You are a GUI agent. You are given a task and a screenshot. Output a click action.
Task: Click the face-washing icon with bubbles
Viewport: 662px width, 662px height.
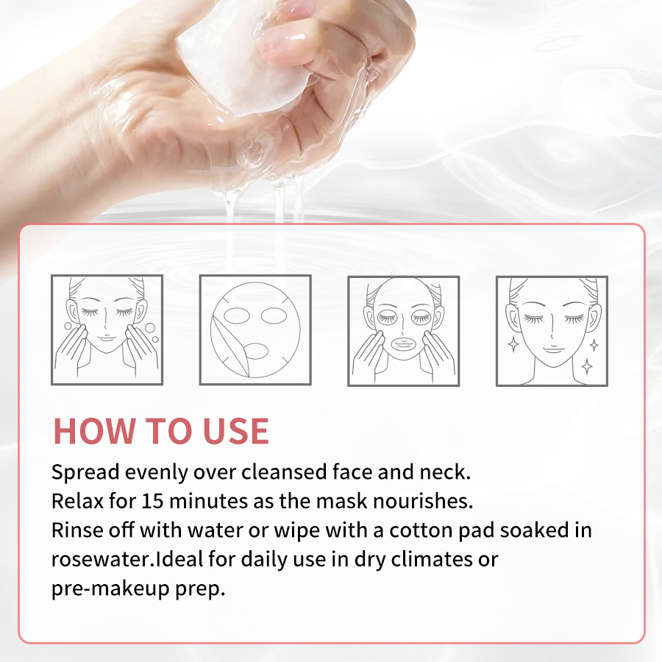(107, 330)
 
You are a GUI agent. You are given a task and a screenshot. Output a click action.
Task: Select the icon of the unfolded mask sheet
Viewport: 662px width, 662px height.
(255, 330)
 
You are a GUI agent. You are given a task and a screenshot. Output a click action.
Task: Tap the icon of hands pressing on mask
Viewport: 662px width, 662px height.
(404, 330)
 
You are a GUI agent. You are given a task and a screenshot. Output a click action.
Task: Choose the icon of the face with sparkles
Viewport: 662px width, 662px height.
(552, 330)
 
